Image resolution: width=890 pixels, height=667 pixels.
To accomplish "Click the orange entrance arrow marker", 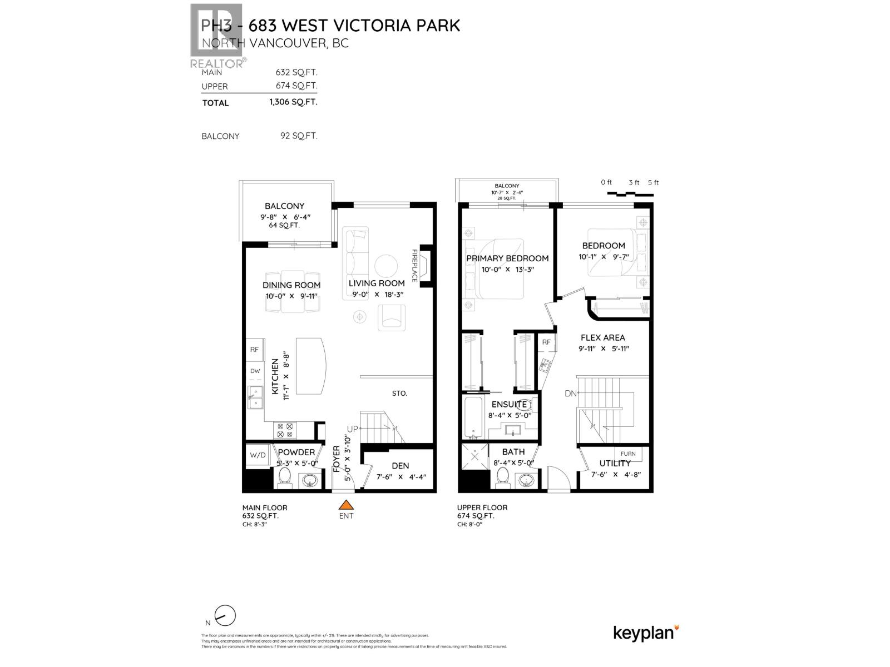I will click(x=346, y=505).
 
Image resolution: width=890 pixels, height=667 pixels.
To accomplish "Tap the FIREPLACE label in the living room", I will click(x=414, y=265).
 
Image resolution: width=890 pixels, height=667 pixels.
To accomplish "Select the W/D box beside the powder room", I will click(x=258, y=455).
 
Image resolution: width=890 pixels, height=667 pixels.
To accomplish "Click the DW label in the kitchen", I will click(x=255, y=371).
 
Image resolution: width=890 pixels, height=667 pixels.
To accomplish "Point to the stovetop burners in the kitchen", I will click(x=285, y=430).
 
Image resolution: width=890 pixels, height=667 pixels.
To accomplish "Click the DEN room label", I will click(x=400, y=466).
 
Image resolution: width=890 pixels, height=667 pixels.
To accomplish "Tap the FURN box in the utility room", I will click(x=628, y=454).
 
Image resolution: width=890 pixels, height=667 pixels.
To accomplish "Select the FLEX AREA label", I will click(x=602, y=337).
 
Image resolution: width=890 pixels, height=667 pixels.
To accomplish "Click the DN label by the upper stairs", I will click(x=571, y=394).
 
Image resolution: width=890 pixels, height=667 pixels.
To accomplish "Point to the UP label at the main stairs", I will click(x=353, y=429).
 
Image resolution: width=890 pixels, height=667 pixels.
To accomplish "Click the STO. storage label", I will click(x=399, y=393).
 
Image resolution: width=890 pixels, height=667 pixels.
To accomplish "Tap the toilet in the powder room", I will click(x=285, y=476).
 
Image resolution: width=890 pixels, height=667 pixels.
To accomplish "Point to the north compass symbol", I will click(x=225, y=616).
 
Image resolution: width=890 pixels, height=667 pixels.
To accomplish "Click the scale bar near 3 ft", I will click(x=630, y=193).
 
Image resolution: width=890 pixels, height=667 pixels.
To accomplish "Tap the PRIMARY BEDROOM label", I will click(x=507, y=258).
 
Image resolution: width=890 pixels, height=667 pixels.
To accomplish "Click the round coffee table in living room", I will click(x=385, y=266).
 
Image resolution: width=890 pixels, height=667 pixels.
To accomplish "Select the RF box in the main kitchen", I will click(x=255, y=350).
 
